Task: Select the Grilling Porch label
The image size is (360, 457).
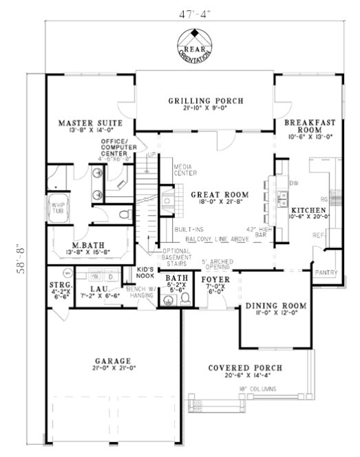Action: pyautogui.click(x=206, y=101)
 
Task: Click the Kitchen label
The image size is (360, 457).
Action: pyautogui.click(x=307, y=209)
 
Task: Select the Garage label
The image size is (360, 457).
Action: pyautogui.click(x=114, y=361)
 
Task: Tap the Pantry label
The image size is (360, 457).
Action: pyautogui.click(x=326, y=273)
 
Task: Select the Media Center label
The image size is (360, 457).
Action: pyautogui.click(x=182, y=169)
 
